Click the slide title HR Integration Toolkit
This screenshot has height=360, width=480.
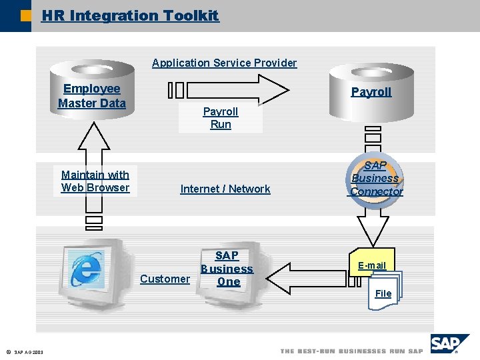point(131,15)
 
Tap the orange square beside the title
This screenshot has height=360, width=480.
point(26,16)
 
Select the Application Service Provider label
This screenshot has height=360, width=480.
point(225,63)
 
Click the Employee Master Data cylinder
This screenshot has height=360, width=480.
point(92,89)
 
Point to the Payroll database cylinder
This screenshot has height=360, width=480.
point(371,93)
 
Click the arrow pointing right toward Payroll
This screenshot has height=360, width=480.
point(229,90)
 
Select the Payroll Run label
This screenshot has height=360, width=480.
point(221,118)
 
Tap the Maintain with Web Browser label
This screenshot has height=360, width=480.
point(95,181)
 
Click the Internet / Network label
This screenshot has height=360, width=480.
point(225,189)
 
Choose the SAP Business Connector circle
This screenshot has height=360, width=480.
point(375,180)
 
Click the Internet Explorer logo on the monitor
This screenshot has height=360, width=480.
point(86,269)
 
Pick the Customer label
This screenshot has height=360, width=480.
point(165,279)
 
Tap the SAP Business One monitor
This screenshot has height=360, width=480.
point(233,273)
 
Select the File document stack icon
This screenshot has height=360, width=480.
point(385,290)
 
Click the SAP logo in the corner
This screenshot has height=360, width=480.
point(450,344)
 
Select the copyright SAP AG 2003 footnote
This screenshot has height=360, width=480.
point(25,353)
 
